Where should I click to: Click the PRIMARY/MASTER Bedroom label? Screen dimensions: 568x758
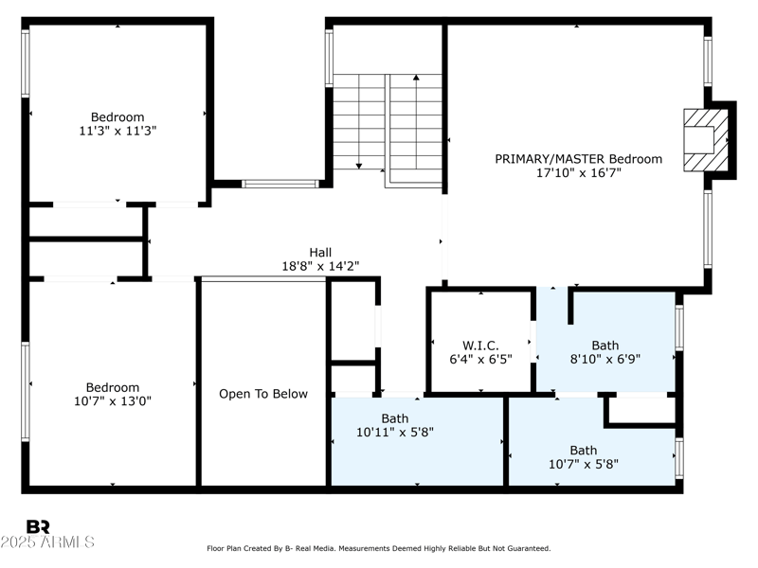(578, 159)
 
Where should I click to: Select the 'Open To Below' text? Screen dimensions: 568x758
(263, 394)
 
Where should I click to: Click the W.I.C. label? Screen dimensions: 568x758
(480, 346)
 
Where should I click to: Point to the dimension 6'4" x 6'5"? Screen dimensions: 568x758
(480, 360)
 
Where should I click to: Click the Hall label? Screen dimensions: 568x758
(320, 252)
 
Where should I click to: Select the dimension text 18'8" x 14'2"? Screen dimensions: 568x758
(320, 266)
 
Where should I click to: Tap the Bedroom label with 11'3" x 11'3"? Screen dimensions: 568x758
(117, 117)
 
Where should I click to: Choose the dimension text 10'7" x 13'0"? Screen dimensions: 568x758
(113, 400)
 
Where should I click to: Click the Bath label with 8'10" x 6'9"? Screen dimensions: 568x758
(605, 346)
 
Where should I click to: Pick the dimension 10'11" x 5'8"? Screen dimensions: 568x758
(394, 432)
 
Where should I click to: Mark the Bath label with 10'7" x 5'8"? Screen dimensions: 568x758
(584, 450)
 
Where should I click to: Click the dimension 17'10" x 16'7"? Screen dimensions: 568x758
(578, 173)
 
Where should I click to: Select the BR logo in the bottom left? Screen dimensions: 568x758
(38, 527)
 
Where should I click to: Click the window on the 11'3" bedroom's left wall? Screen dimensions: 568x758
(26, 64)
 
